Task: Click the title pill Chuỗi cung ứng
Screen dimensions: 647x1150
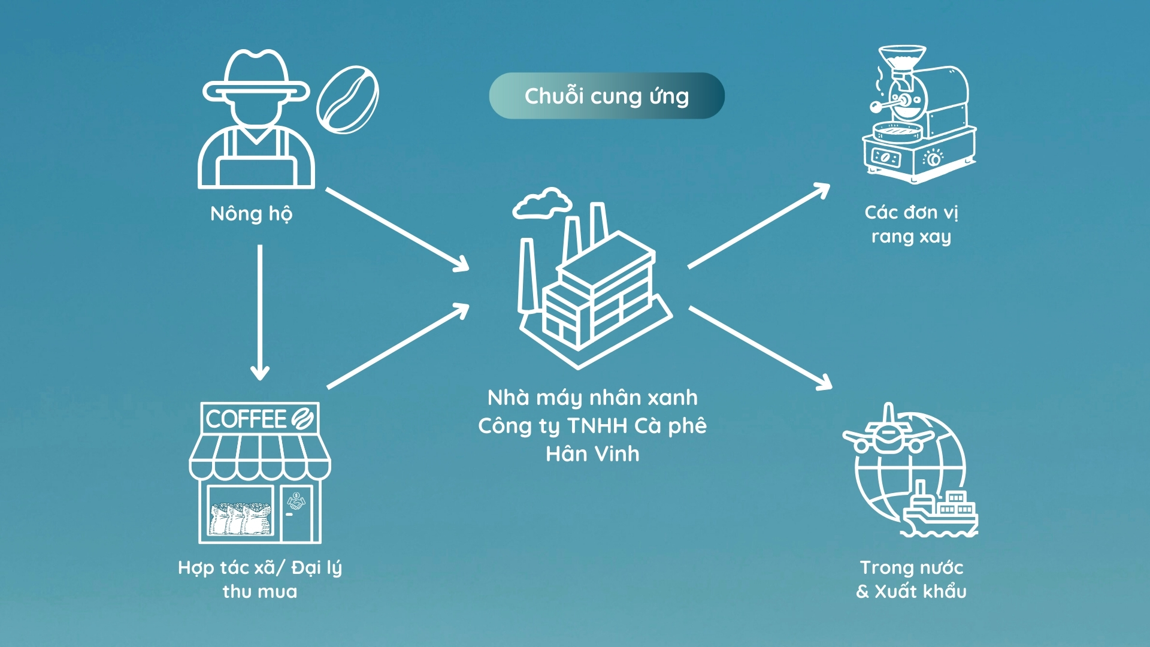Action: [x=606, y=96]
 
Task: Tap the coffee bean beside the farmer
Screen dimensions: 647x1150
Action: [x=347, y=99]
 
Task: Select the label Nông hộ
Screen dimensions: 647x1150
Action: [x=251, y=214]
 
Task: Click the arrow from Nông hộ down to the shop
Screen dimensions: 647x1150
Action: [x=259, y=312]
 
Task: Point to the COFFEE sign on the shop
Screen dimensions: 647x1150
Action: [x=259, y=418]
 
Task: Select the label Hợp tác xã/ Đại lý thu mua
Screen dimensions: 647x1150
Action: [x=259, y=579]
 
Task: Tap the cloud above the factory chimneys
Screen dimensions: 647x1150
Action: [x=541, y=203]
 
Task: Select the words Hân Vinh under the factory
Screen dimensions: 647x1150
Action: [x=592, y=454]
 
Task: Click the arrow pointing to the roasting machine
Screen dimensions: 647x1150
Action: [x=758, y=226]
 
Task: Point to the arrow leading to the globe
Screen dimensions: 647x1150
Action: [x=759, y=347]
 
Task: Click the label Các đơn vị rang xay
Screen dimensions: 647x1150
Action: [x=911, y=225]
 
